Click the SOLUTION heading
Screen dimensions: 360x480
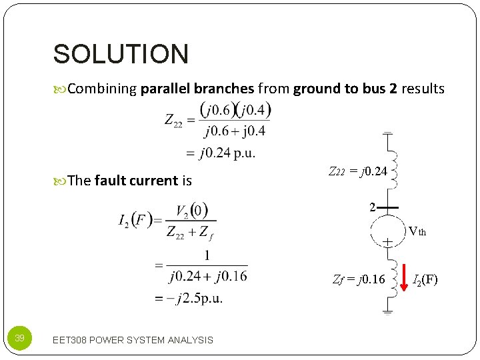(121, 54)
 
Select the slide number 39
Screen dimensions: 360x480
(20, 339)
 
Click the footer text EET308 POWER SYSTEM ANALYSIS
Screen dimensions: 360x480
(133, 340)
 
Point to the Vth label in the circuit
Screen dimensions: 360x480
(417, 232)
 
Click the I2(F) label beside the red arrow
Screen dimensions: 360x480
(425, 279)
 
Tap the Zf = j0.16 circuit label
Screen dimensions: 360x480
(359, 279)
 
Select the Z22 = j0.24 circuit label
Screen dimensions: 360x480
(358, 171)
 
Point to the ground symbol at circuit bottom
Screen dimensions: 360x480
(387, 309)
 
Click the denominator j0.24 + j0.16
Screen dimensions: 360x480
(207, 276)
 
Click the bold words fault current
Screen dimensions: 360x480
(137, 180)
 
